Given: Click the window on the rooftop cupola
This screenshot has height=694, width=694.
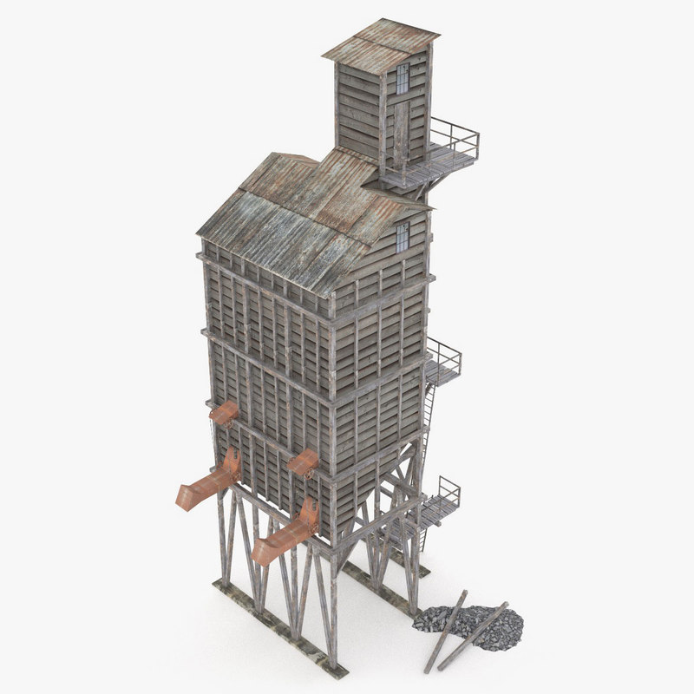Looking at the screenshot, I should [403, 78].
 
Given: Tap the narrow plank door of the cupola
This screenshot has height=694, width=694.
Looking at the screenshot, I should [400, 130].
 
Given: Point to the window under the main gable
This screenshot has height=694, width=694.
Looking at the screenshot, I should [403, 236].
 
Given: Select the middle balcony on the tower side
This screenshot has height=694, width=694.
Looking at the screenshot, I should [443, 365].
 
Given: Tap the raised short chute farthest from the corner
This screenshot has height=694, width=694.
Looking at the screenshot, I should [224, 413].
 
